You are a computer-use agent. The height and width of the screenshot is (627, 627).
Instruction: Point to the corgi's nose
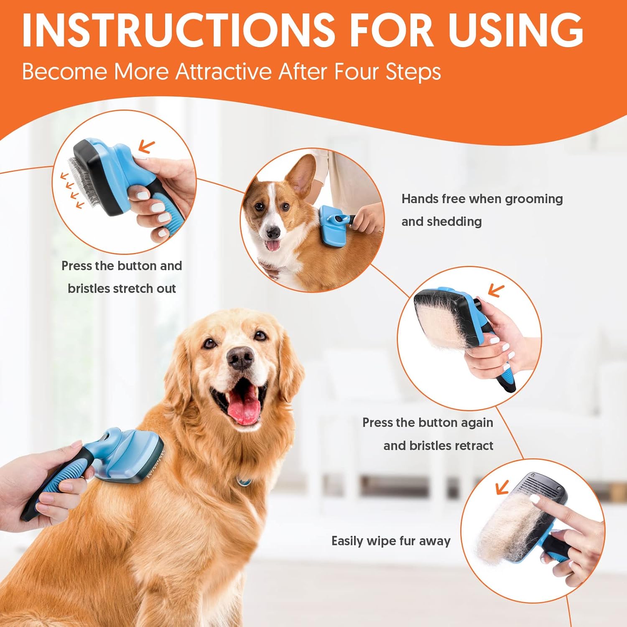click(x=273, y=232)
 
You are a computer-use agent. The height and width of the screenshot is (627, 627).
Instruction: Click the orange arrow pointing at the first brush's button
click(x=146, y=146)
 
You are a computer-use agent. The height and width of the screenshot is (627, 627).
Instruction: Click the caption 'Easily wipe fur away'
click(x=391, y=541)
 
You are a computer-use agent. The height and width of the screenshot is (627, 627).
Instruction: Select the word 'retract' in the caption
click(x=474, y=446)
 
